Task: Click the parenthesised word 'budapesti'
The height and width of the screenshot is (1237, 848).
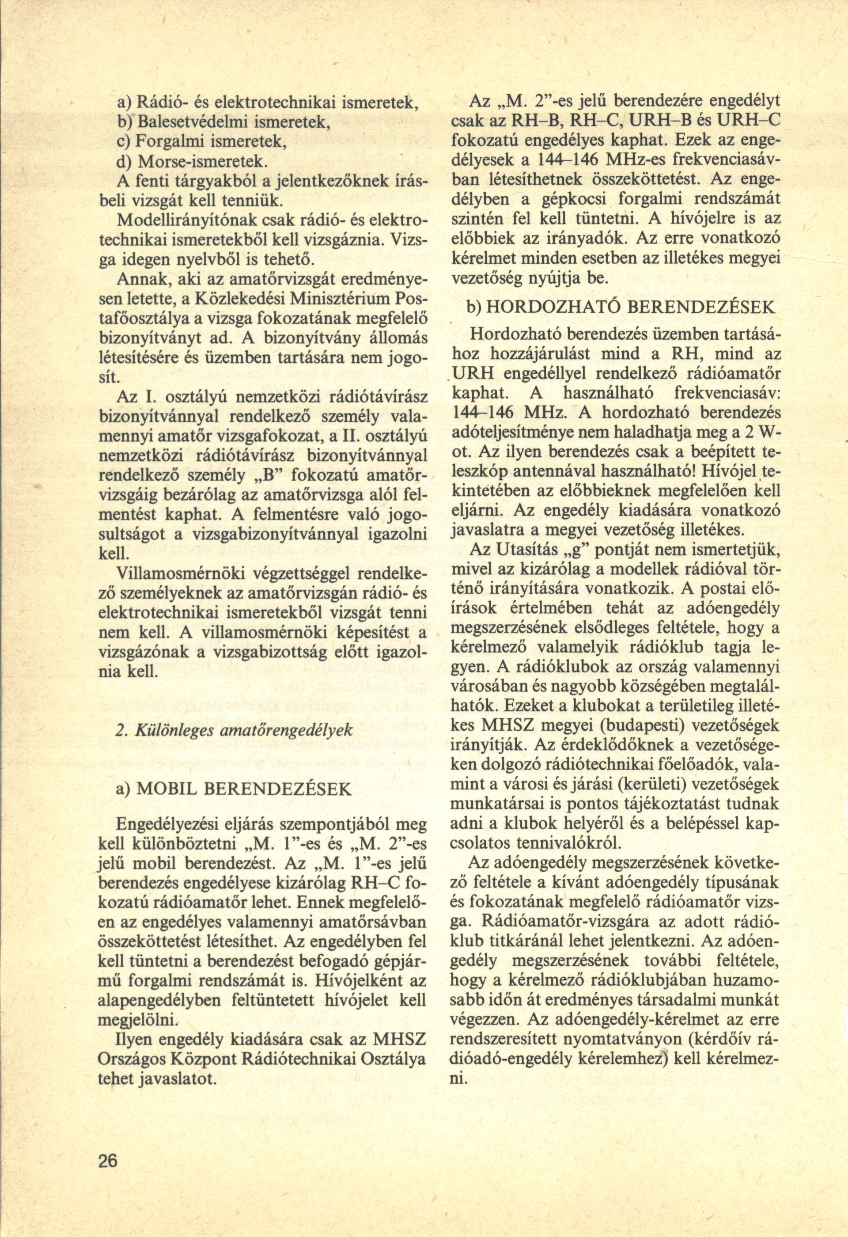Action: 615,725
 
